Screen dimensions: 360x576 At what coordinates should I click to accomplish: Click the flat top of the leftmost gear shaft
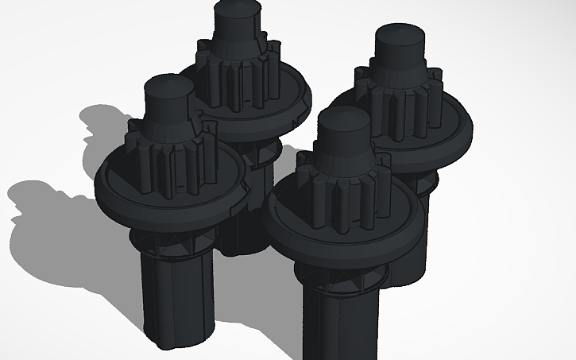point(167,85)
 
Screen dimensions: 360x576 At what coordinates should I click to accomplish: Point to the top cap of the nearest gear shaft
point(343,120)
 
